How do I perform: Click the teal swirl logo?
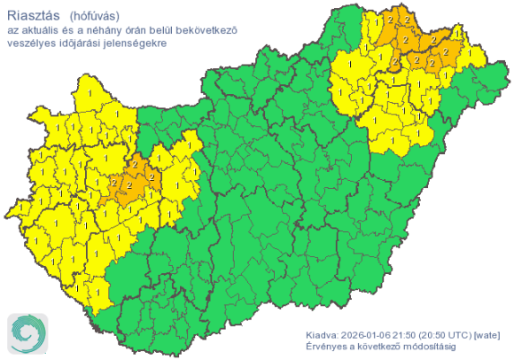click(27, 333)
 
